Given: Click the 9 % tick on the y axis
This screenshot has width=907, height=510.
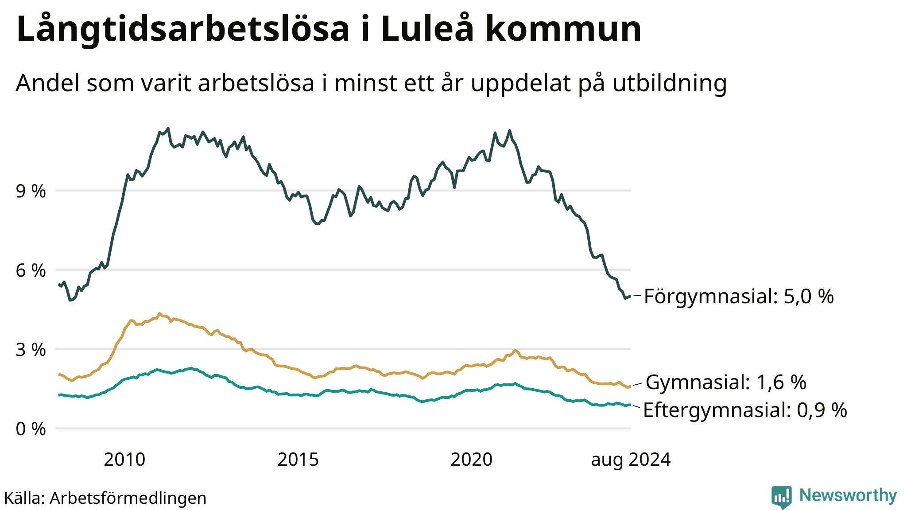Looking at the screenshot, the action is click(31, 191).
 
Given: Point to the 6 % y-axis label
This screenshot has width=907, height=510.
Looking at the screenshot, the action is click(31, 270).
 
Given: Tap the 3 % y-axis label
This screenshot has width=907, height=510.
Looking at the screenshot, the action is click(31, 350).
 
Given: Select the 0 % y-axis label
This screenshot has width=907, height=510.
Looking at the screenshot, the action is click(31, 429).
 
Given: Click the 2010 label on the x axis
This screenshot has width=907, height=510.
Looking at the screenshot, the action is click(124, 460).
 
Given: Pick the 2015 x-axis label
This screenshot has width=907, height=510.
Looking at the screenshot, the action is click(298, 460).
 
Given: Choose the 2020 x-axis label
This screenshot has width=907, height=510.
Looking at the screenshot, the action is click(472, 460).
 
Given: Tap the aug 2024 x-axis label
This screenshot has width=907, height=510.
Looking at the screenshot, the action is click(631, 460).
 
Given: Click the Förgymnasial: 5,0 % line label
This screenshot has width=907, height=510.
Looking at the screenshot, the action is click(739, 296).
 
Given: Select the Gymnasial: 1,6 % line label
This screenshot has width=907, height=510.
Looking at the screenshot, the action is click(726, 382).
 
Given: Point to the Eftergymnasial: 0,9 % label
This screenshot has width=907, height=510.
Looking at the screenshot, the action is click(745, 410).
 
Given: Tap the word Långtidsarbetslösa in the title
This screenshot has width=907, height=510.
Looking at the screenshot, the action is click(183, 29).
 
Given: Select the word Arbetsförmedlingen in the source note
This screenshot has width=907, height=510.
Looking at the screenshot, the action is click(128, 498).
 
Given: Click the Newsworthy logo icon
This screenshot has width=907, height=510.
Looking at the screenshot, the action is click(782, 497).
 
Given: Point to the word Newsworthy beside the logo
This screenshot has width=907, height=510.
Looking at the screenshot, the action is click(848, 495).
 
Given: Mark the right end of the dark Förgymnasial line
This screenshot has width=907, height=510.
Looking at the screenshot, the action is click(630, 296).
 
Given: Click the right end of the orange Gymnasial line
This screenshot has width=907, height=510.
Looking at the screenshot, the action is click(629, 387).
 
